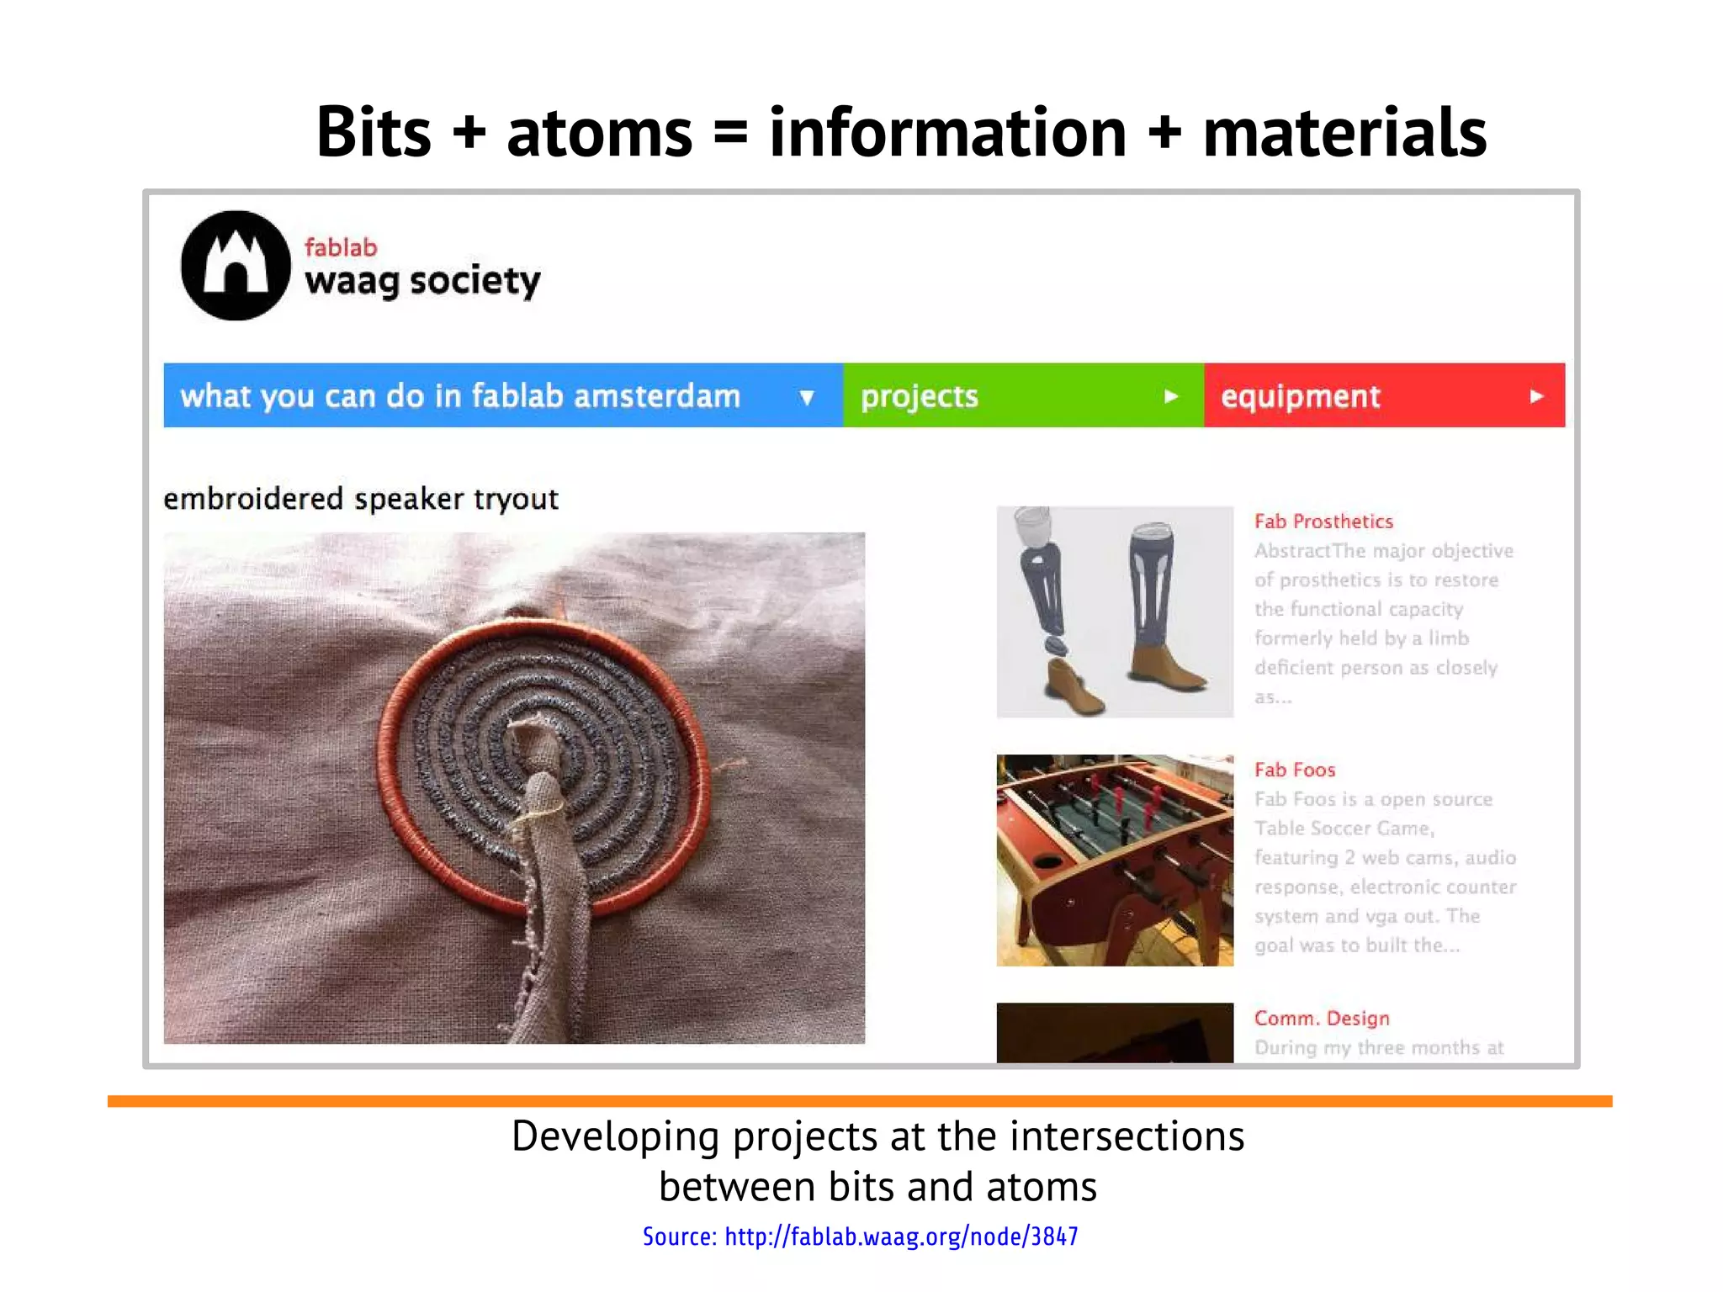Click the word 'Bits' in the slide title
pos(374,132)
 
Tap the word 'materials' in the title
pos(1344,132)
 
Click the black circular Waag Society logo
pos(236,265)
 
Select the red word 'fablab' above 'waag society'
pos(341,247)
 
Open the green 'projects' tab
pos(920,396)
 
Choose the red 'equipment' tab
pos(1300,396)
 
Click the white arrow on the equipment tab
pos(1536,396)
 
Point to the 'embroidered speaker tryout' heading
pos(361,499)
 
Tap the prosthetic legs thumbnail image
pos(1115,612)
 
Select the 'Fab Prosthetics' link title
pos(1323,522)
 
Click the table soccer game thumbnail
pos(1115,860)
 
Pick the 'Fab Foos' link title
pos(1294,770)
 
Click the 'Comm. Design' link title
pos(1321,1018)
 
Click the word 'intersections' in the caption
pos(1127,1136)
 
